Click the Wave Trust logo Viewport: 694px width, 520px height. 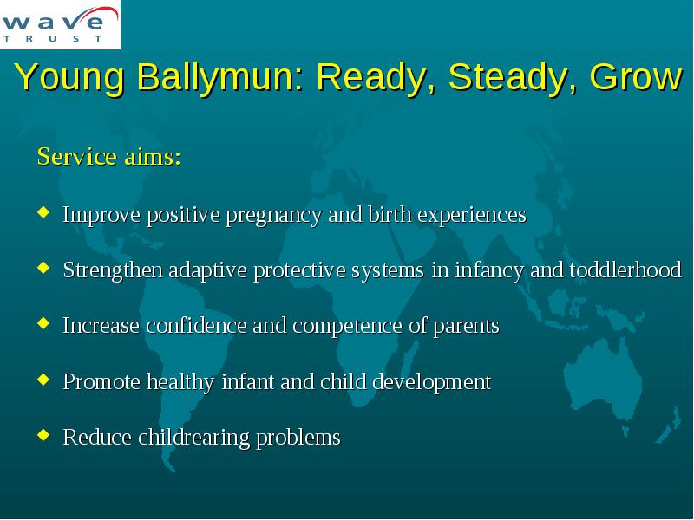tap(60, 24)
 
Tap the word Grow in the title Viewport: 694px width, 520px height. tap(636, 76)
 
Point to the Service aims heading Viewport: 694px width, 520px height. tap(109, 156)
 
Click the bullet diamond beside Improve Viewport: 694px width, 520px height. tap(43, 211)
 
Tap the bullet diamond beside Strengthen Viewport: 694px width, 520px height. tap(43, 268)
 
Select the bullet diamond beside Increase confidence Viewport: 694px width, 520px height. tap(43, 323)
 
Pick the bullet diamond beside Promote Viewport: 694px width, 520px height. tap(43, 379)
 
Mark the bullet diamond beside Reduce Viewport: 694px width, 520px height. tap(43, 435)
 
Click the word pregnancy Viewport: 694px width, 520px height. tap(274, 216)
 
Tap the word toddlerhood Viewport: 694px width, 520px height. tap(625, 270)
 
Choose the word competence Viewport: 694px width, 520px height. tap(348, 327)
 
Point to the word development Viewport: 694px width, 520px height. tap(431, 382)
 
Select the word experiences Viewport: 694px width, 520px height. tap(472, 215)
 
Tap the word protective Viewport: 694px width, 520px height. tap(299, 271)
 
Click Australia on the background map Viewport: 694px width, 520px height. tap(603, 380)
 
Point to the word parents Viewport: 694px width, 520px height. tap(466, 327)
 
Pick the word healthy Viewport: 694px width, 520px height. tap(180, 382)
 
